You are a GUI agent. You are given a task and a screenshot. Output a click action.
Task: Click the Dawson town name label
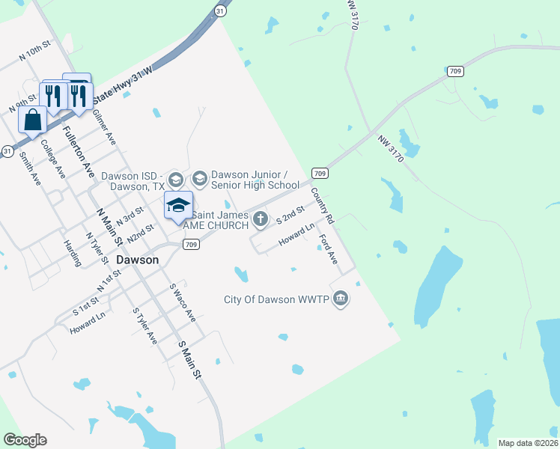138,260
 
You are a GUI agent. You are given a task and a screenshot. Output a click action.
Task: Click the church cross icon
261,219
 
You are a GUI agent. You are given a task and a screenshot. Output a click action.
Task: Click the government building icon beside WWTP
341,299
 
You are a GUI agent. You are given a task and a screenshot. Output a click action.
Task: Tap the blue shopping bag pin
32,120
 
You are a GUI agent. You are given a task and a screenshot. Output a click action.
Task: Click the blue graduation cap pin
179,206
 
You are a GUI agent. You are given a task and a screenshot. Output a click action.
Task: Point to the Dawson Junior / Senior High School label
255,180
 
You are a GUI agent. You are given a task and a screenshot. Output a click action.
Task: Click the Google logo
25,440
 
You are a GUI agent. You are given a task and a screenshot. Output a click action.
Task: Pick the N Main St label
109,227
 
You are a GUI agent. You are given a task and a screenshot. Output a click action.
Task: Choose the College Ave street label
53,159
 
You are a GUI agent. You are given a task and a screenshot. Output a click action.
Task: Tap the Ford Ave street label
328,251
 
